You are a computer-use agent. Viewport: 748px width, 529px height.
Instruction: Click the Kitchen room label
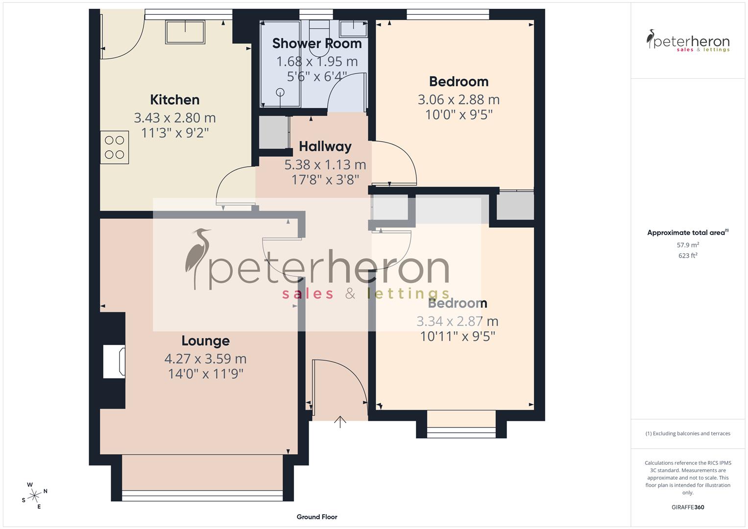(x=174, y=99)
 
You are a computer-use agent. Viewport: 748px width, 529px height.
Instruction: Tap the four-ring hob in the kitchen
(x=115, y=147)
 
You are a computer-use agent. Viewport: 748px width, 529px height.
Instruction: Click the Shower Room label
(x=316, y=44)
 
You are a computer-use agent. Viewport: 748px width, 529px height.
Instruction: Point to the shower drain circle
(x=280, y=92)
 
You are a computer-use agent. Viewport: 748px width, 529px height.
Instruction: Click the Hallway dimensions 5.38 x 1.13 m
(x=325, y=165)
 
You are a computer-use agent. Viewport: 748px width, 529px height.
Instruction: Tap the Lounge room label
(x=205, y=340)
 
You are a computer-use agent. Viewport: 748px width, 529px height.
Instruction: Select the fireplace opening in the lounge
(x=114, y=361)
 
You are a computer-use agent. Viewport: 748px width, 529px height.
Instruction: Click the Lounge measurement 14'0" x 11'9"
(x=205, y=374)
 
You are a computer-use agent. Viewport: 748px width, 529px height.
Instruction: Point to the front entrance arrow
(x=340, y=421)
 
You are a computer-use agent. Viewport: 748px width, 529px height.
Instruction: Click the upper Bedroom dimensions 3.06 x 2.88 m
(x=458, y=99)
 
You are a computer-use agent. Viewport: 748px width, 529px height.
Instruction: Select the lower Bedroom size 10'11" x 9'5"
(x=458, y=337)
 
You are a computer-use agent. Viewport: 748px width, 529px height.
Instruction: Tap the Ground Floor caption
(x=317, y=517)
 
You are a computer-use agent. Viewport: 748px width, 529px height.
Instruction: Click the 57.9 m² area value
(x=688, y=245)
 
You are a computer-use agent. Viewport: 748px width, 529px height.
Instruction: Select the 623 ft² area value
(x=688, y=256)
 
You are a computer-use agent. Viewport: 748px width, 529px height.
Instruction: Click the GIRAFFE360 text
(x=688, y=507)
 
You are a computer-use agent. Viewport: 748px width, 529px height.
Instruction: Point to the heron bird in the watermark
(x=198, y=258)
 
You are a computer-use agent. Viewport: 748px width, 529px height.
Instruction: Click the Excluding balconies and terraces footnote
(x=688, y=433)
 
